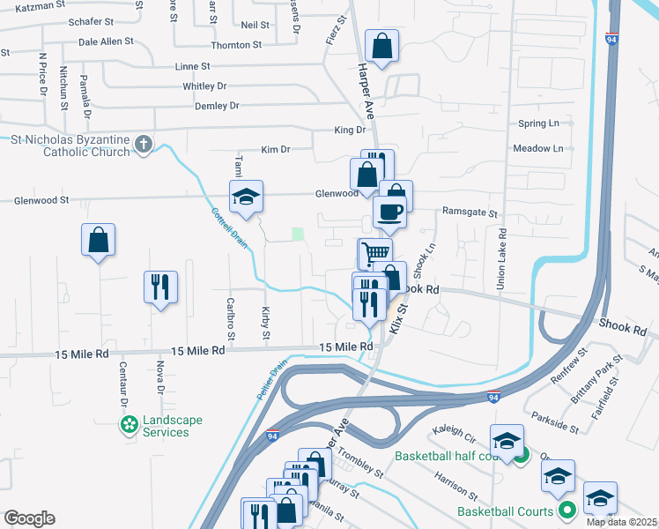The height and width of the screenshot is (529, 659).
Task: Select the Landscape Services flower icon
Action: pyautogui.click(x=130, y=426)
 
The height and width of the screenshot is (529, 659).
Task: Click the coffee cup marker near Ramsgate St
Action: pyautogui.click(x=389, y=212)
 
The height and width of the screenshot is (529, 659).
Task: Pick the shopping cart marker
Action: pyautogui.click(x=374, y=253)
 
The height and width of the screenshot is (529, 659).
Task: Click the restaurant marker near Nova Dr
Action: pyautogui.click(x=159, y=287)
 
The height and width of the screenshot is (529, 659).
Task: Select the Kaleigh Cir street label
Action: pyautogui.click(x=453, y=434)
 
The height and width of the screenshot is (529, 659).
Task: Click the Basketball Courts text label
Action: pyautogui.click(x=505, y=510)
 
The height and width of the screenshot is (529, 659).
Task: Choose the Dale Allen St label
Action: pyautogui.click(x=106, y=41)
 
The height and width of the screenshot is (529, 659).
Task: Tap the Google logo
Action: pyautogui.click(x=29, y=518)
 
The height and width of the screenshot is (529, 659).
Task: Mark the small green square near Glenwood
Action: pyautogui.click(x=298, y=235)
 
